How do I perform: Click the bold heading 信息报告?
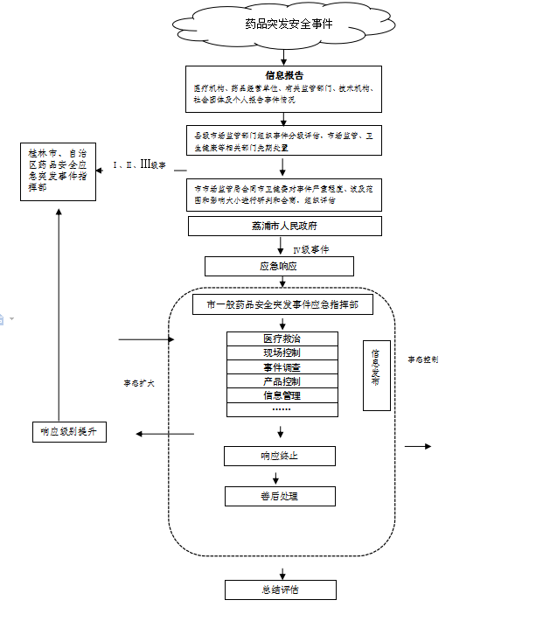[x=284, y=75]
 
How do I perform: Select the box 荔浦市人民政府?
[x=284, y=227]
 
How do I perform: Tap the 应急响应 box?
[x=279, y=266]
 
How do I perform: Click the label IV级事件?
[x=310, y=249]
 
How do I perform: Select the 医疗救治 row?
[x=282, y=338]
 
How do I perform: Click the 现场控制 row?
[x=282, y=352]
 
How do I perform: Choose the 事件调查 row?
[x=282, y=366]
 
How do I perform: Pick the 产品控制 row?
[x=282, y=381]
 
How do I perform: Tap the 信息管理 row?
[x=282, y=395]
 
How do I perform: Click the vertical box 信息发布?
[x=376, y=374]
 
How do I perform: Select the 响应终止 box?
[x=279, y=456]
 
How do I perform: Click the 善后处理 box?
[x=279, y=496]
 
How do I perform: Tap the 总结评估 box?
[x=280, y=590]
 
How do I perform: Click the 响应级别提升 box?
[x=68, y=431]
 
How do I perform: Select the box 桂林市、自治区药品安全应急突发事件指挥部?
[x=58, y=170]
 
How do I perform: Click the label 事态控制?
[x=422, y=359]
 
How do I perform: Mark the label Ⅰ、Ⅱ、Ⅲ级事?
[x=140, y=164]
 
